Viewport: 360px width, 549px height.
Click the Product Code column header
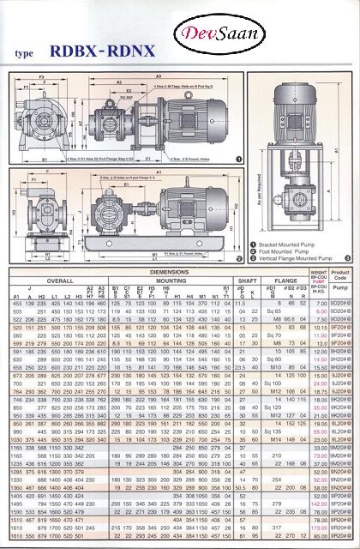341,276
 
